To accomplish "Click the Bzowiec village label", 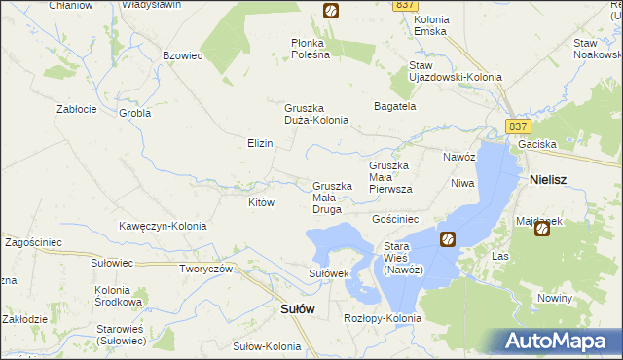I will coord(182,56).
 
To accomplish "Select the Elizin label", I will coord(260,143).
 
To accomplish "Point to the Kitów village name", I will coord(261,202).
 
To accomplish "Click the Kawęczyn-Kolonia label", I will coord(164,226).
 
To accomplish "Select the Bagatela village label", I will coord(395,106).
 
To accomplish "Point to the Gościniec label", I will coord(395,220).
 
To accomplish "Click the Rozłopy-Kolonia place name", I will coord(383,318).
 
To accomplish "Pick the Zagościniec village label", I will coord(34,241).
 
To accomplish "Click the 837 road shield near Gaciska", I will coord(519,126).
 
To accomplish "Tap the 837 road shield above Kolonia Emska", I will coord(406,6).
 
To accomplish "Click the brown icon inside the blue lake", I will coord(447,238).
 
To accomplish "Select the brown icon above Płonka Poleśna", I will coord(330,11).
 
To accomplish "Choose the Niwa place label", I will coord(461,182).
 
